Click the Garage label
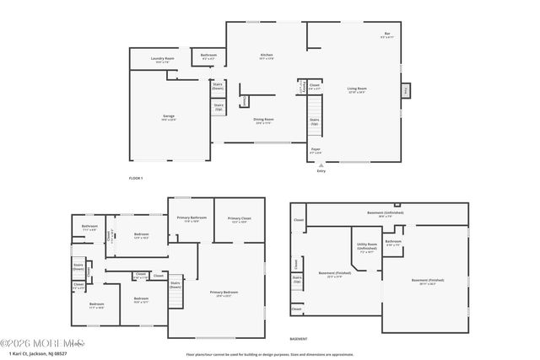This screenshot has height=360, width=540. click(169, 117)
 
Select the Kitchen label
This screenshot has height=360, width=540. click(266, 56)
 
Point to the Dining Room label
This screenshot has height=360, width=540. click(264, 120)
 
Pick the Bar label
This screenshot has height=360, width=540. click(386, 35)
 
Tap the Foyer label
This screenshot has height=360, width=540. click(316, 150)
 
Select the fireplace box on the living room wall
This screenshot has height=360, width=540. click(405, 89)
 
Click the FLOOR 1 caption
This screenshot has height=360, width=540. click(136, 178)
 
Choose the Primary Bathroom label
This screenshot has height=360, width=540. click(191, 219)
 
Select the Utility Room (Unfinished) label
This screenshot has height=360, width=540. click(367, 249)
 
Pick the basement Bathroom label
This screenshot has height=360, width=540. click(393, 243)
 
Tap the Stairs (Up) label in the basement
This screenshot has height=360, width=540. click(297, 279)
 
